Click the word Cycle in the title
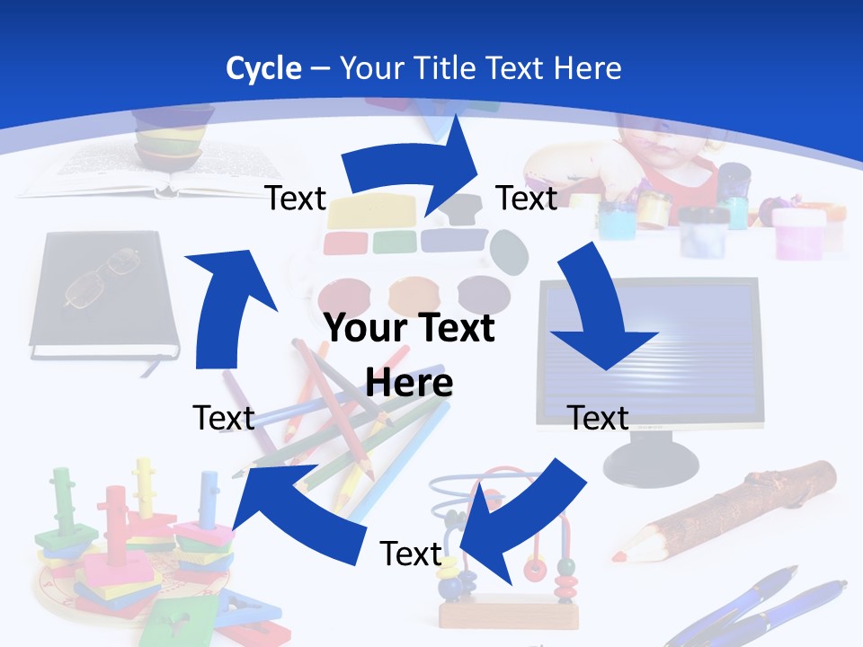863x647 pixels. coord(263,68)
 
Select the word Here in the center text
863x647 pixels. coord(409,383)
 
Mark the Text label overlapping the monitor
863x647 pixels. coord(599,418)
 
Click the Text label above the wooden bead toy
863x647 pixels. coord(411,554)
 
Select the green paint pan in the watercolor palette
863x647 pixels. coord(394,241)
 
